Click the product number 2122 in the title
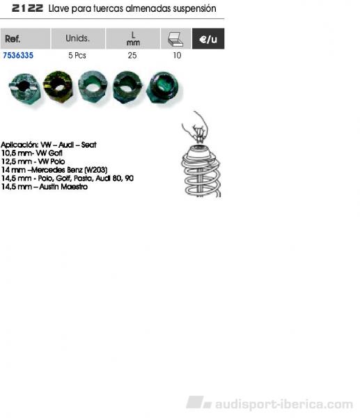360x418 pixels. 27,8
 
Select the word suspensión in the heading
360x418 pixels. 194,9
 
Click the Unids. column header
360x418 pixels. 77,38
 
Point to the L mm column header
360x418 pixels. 133,38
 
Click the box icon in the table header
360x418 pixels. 175,39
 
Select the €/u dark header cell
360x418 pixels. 208,38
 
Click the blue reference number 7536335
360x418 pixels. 18,56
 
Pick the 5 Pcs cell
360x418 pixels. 77,56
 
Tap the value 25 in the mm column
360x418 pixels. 132,56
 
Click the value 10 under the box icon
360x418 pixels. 177,56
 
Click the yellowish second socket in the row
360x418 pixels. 58,86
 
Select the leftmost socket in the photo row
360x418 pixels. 25,88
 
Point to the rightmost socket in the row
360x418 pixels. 163,87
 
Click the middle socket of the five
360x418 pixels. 93,86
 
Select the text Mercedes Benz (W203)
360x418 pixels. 69,170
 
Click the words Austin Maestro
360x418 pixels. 63,187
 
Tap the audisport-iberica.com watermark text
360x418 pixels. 284,404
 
